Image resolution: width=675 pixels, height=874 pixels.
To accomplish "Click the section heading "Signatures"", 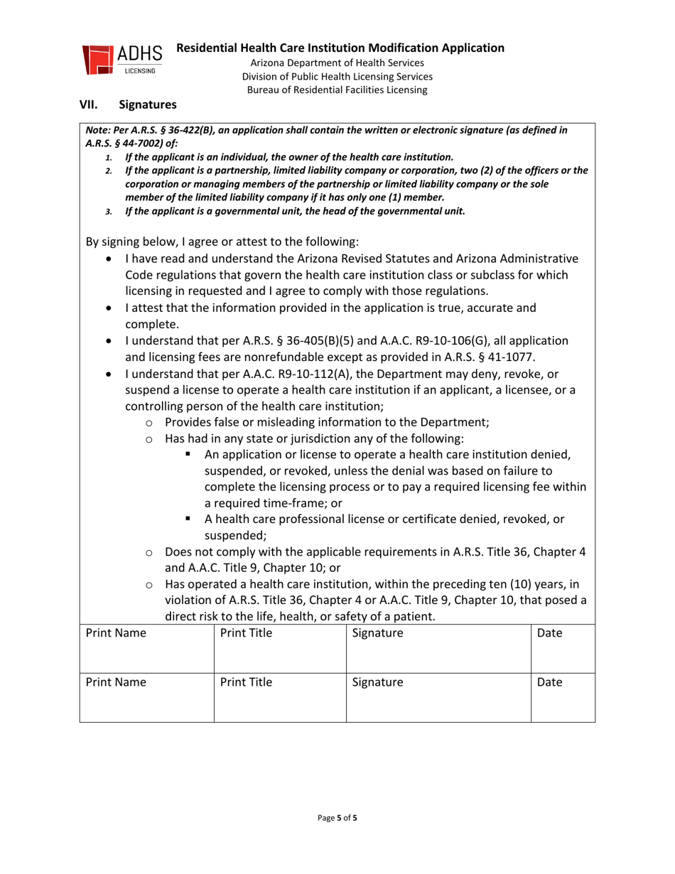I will pyautogui.click(x=148, y=105).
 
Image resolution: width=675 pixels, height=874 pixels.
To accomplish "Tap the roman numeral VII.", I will pyautogui.click(x=88, y=105).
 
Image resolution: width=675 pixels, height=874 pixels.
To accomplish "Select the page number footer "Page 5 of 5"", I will pyautogui.click(x=337, y=818).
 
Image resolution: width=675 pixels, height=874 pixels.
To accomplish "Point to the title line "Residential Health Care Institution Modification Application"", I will pyautogui.click(x=340, y=48).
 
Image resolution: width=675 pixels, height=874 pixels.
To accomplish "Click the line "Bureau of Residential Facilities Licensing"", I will pyautogui.click(x=337, y=90).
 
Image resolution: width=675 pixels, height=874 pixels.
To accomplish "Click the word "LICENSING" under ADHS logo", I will pyautogui.click(x=140, y=71).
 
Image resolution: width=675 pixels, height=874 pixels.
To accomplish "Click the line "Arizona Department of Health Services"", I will pyautogui.click(x=337, y=63).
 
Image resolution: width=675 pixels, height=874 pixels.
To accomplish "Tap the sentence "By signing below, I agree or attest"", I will pyautogui.click(x=222, y=241).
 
